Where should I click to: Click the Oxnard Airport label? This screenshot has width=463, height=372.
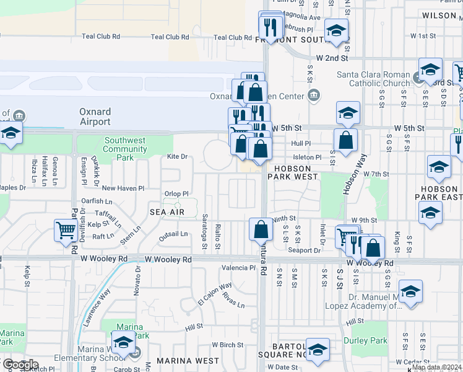95,117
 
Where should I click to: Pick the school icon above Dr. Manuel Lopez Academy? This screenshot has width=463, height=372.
410,291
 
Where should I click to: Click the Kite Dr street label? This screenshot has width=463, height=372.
176,157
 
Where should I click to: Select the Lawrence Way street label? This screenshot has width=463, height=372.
98,308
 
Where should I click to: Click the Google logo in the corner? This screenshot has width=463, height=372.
20,365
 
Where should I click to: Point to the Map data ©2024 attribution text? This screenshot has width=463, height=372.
436,367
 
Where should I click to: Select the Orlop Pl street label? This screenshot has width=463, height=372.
176,193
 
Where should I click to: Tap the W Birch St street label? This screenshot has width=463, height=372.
227,344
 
